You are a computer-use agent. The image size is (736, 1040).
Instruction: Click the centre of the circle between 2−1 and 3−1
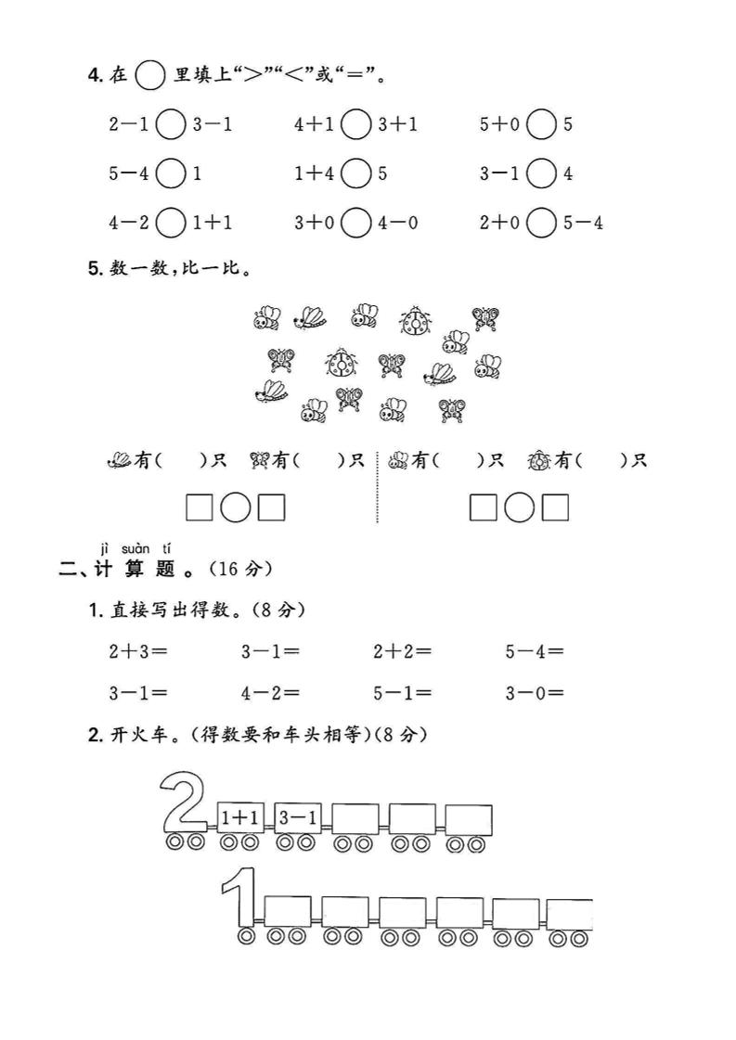(171, 124)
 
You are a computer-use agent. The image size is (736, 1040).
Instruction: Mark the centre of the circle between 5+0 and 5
(541, 124)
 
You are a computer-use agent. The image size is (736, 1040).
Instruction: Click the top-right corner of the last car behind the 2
(492, 804)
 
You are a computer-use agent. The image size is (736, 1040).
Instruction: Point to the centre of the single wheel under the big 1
(246, 937)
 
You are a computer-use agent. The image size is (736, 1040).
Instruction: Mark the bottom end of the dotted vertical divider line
(377, 522)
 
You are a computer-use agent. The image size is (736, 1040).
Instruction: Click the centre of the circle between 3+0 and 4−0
(356, 223)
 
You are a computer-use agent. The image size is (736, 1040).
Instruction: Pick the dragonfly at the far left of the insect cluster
(271, 392)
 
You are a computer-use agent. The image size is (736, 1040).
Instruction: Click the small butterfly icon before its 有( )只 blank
(260, 460)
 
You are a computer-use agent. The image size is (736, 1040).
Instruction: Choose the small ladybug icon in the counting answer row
(539, 460)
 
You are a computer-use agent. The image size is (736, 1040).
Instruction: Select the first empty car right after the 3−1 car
(355, 818)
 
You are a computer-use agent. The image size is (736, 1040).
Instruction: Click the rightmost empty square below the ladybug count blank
(556, 507)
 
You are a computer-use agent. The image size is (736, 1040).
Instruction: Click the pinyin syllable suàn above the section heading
(136, 548)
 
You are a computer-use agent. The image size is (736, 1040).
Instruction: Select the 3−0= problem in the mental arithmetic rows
(535, 693)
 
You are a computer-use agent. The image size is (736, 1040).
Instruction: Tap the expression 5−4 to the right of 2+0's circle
(584, 223)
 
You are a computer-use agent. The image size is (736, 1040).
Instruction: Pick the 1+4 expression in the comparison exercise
(315, 173)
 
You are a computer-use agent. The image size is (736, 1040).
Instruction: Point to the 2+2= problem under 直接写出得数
(402, 651)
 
